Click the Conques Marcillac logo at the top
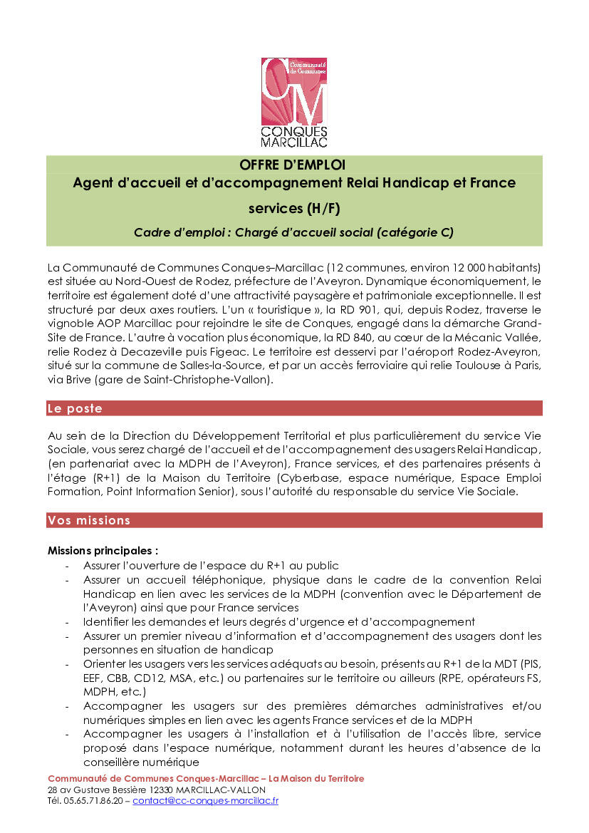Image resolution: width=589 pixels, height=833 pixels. pyautogui.click(x=294, y=102)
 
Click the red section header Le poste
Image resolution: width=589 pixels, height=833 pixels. pyautogui.click(x=75, y=408)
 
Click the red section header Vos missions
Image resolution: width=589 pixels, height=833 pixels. pyautogui.click(x=89, y=520)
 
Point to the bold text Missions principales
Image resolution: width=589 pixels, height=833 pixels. pyautogui.click(x=103, y=551)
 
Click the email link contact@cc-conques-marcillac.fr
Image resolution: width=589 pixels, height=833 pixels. pyautogui.click(x=205, y=800)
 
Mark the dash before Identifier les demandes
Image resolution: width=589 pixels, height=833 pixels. pyautogui.click(x=67, y=622)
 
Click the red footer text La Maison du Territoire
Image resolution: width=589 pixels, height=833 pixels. pyautogui.click(x=318, y=778)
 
